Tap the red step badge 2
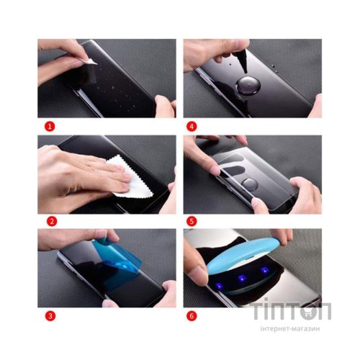pos(50,220)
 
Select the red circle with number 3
pos(50,314)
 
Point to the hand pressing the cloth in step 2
pos(79,169)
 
